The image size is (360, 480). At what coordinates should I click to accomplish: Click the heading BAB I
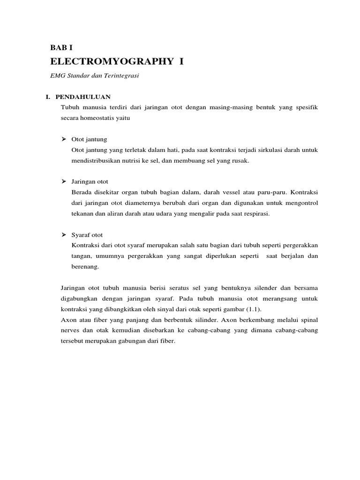pos(61,48)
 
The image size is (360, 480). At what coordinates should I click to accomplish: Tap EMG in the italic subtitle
pos(57,75)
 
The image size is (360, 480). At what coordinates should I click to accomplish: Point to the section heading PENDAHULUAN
pos(82,97)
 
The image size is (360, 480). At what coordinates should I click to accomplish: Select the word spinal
pos(309,320)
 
